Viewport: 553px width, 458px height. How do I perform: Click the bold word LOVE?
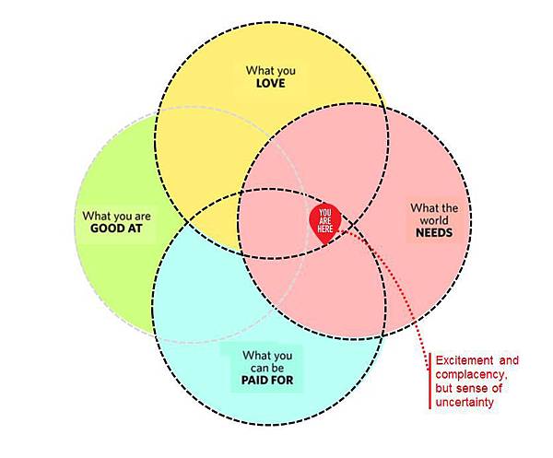[x=271, y=83]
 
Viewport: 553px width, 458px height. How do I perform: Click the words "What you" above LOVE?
[x=271, y=69]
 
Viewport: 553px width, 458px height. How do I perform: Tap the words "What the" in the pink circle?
[x=434, y=206]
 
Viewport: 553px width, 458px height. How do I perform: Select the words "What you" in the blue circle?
[x=268, y=354]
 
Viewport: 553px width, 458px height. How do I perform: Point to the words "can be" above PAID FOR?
[x=269, y=367]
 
